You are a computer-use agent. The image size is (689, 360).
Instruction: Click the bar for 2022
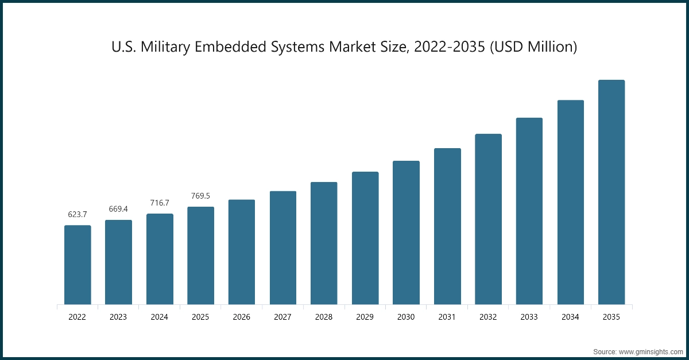coord(78,265)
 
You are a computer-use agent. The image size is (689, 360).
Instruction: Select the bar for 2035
coord(611,192)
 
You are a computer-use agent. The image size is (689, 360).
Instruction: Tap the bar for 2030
coord(406,233)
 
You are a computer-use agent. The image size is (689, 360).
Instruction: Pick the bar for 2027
coord(283,247)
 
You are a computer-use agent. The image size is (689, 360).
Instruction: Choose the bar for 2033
coord(529,211)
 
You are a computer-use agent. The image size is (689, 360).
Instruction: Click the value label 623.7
coord(78,215)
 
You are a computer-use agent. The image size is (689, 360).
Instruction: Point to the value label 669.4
coord(118,209)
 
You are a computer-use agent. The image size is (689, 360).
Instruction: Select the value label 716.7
coord(160,203)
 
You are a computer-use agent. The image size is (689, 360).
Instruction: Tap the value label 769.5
coord(200,196)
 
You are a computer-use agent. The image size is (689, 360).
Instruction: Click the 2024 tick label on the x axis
coord(160,317)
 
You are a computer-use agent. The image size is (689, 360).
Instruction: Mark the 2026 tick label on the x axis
coord(242,317)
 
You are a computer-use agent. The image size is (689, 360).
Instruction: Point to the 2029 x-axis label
coord(365,317)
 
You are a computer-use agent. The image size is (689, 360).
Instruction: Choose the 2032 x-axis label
coord(488,317)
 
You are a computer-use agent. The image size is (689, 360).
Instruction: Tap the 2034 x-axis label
coord(570,317)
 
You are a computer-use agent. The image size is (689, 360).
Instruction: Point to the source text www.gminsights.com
coord(651,351)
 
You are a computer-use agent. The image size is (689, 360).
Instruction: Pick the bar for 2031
coord(447,226)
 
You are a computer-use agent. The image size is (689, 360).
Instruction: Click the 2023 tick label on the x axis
coord(118,317)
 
